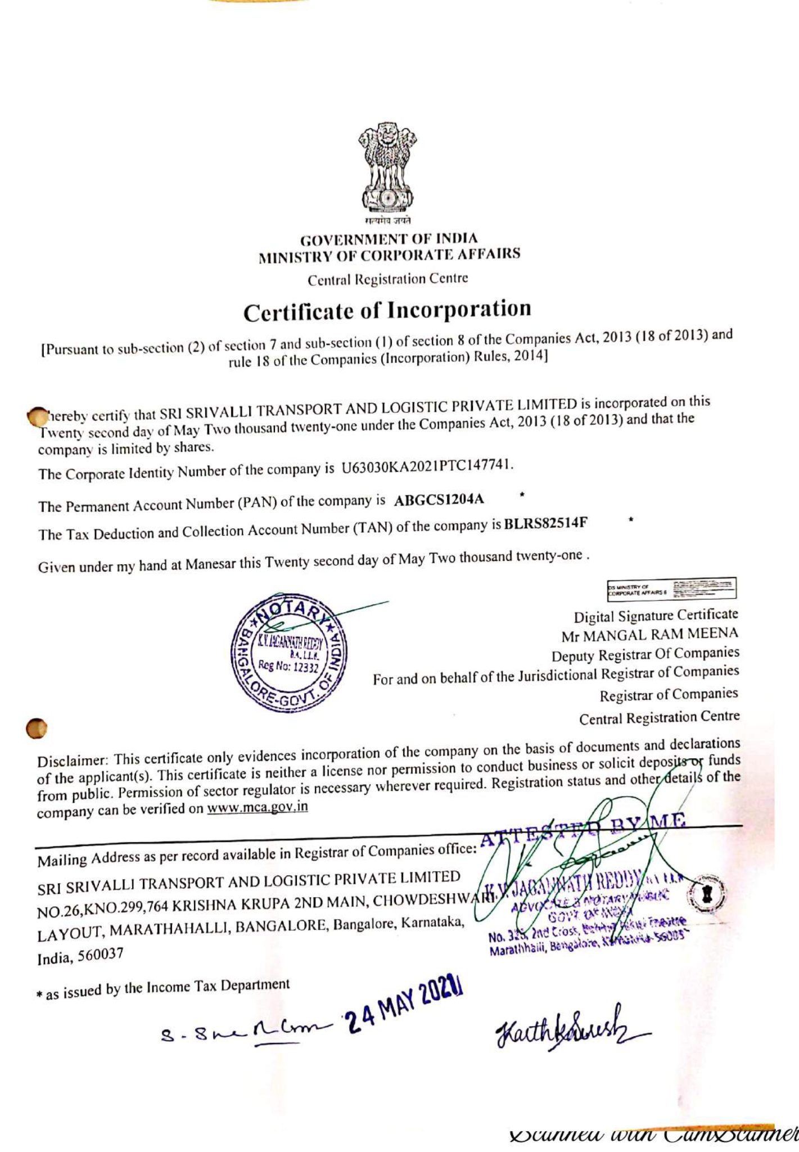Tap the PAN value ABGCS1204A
pyautogui.click(x=439, y=500)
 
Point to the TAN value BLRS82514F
pyautogui.click(x=545, y=524)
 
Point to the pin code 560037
pyautogui.click(x=100, y=956)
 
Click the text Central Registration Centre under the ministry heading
pyautogui.click(x=387, y=278)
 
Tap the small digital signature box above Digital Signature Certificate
pyautogui.click(x=672, y=588)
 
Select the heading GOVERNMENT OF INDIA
pyautogui.click(x=389, y=239)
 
